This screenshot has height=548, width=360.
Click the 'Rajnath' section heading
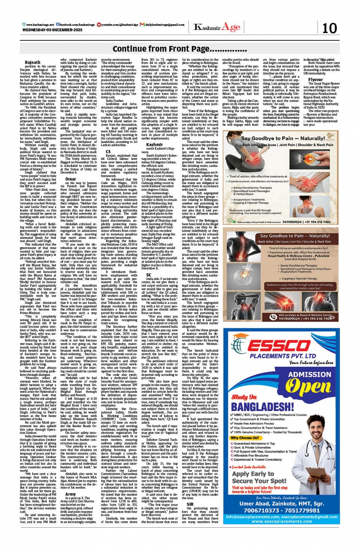coord(33,62)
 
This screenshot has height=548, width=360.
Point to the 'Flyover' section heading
coord(315,79)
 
